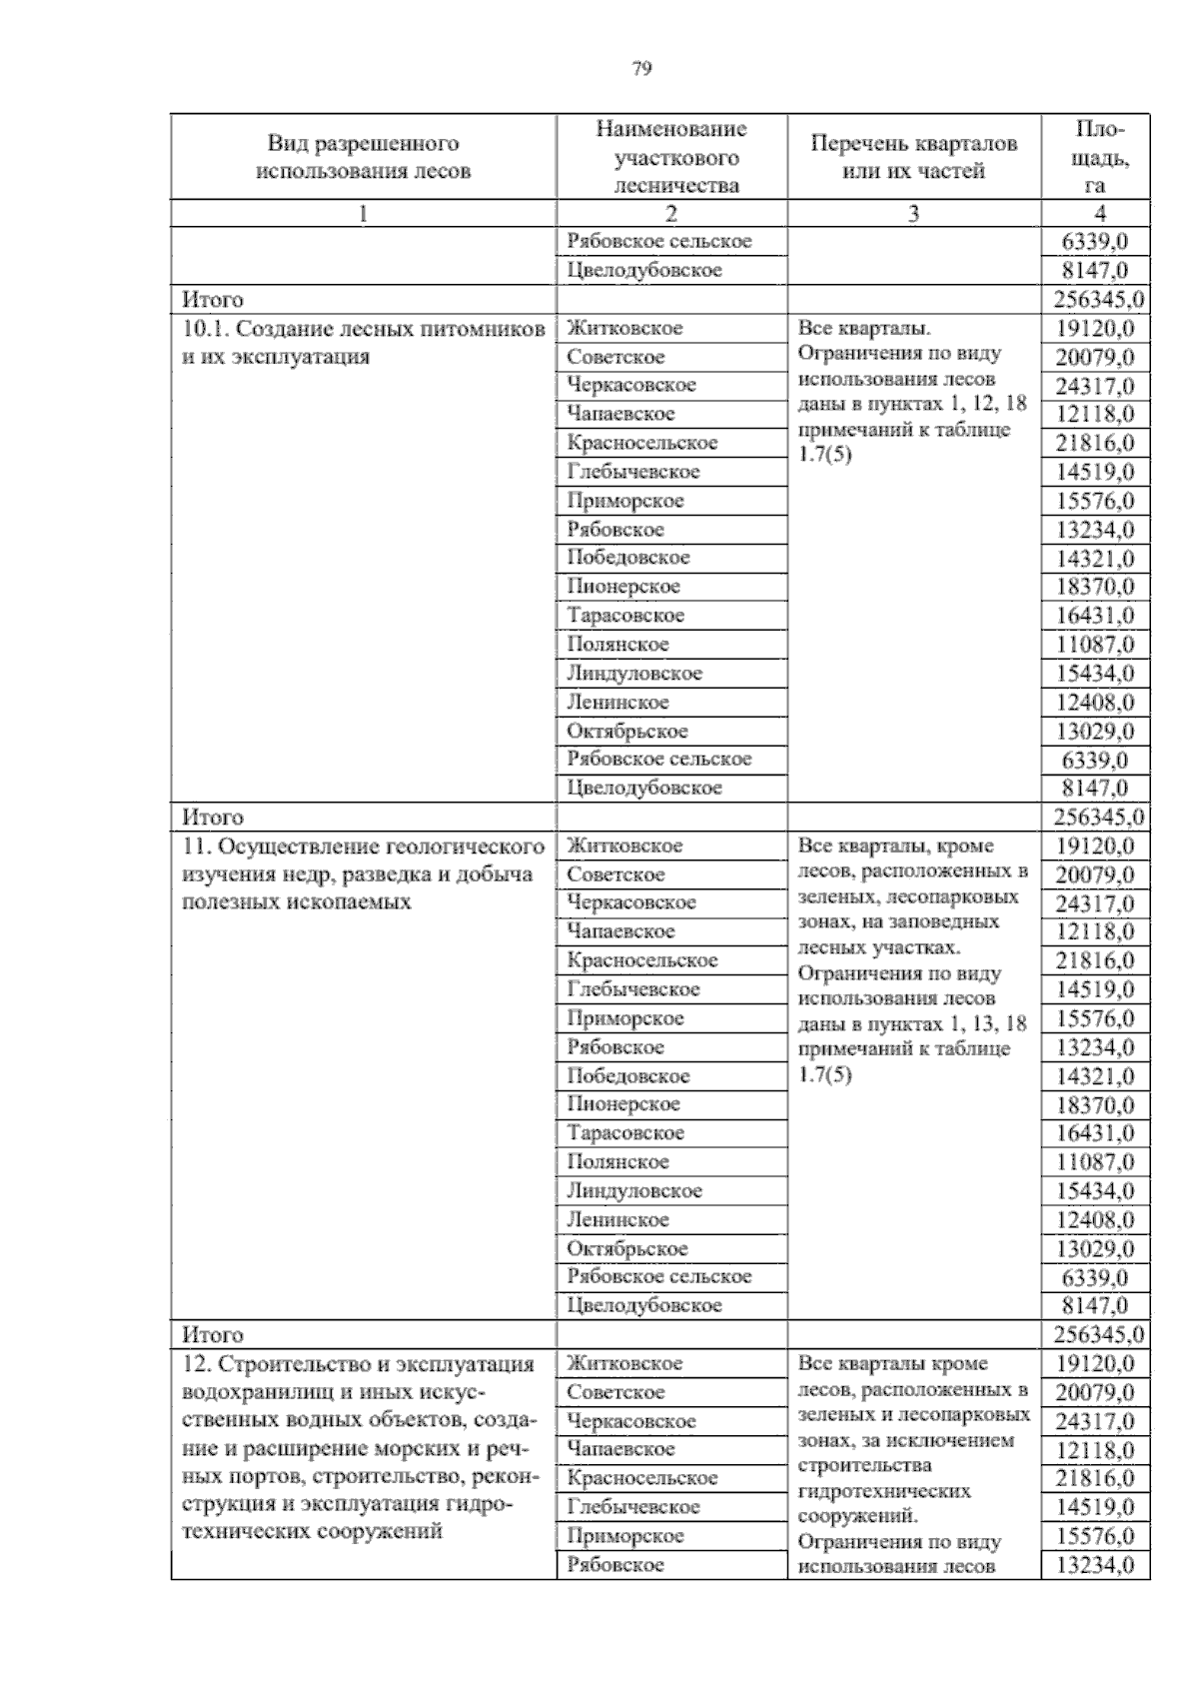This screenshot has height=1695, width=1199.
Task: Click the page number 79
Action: (x=642, y=69)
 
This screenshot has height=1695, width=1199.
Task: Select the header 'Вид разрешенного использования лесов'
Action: (x=363, y=157)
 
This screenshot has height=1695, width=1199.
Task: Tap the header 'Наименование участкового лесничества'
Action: (x=670, y=157)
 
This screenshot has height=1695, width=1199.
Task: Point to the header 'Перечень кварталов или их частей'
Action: (x=913, y=157)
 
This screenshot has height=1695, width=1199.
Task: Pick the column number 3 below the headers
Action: (x=913, y=213)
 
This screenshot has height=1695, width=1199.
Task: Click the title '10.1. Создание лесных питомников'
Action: (x=363, y=329)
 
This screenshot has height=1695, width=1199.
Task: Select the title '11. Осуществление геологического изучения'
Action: (x=363, y=847)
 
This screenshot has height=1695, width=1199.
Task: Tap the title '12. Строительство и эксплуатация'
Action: (x=363, y=1364)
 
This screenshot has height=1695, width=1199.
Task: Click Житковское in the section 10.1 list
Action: (x=624, y=328)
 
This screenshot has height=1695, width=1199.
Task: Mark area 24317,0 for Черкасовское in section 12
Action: (x=1095, y=1421)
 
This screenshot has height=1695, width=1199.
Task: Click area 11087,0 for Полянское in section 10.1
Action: (x=1095, y=645)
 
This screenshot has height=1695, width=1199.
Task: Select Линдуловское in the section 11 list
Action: (x=634, y=1190)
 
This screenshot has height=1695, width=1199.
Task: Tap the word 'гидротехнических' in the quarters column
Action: (x=884, y=1490)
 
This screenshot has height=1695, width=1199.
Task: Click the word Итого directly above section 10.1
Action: (x=212, y=300)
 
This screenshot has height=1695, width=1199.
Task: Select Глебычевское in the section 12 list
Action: (x=632, y=1507)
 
